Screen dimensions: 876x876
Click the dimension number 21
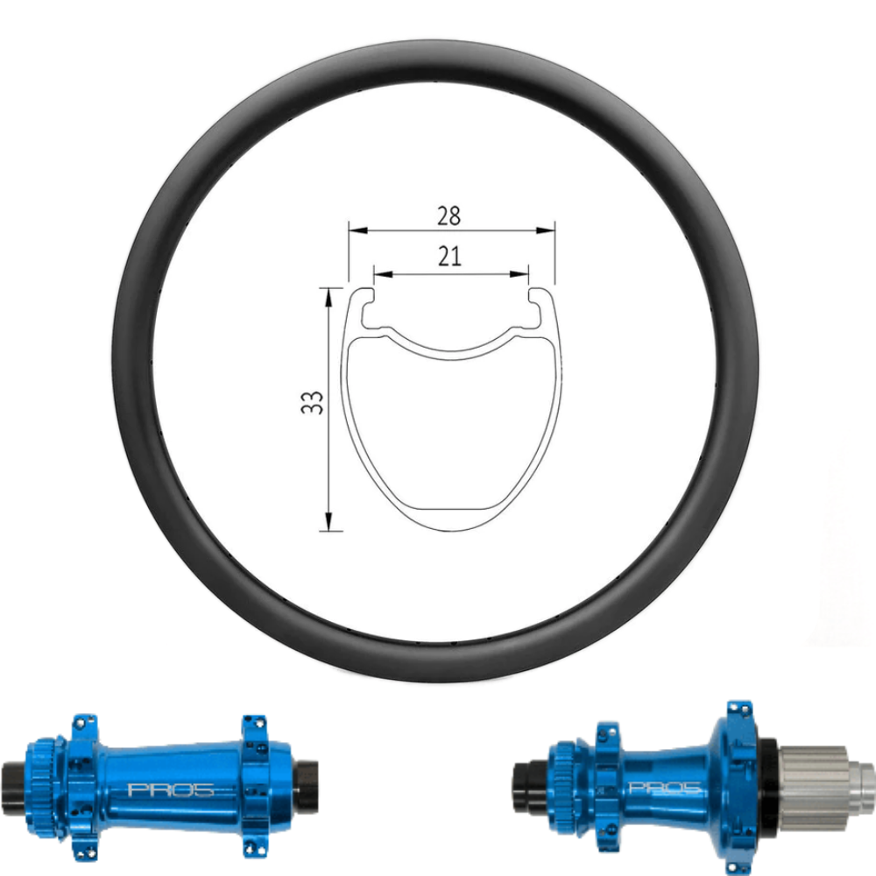[x=451, y=256]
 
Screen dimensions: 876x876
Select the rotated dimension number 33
[x=316, y=402]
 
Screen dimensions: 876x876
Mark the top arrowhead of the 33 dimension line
[x=328, y=293]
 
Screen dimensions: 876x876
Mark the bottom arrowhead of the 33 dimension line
[x=328, y=525]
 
